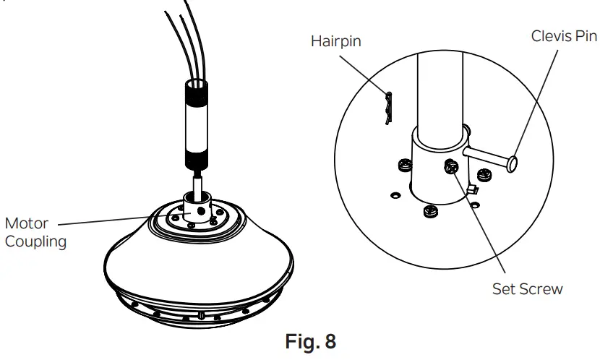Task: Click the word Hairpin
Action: coord(335,41)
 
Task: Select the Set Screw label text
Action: coord(527,289)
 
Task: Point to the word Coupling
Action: coord(35,241)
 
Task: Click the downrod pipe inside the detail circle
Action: coord(439,87)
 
